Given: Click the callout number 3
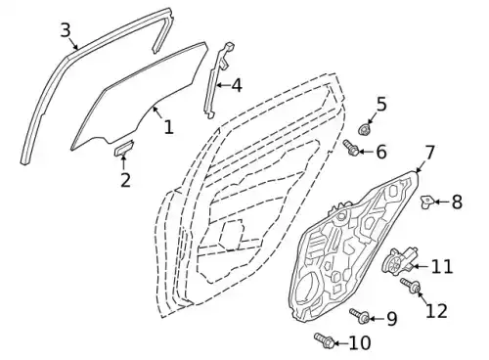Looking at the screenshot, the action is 66,30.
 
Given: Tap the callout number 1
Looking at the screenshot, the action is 168,127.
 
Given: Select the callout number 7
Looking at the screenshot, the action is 429,153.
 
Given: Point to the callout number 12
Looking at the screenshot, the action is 436,310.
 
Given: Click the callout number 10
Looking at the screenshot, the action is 360,342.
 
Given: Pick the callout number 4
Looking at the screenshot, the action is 237,85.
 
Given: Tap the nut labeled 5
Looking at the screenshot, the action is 364,129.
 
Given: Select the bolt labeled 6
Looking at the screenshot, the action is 351,148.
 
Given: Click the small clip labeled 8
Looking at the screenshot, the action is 426,202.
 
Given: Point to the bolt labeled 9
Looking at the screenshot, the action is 360,316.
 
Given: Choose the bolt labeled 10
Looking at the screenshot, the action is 324,340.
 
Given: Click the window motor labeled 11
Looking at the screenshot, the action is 399,260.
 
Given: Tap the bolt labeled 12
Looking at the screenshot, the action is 411,286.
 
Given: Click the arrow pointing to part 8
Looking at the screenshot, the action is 441,202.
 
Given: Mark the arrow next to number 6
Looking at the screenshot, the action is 367,152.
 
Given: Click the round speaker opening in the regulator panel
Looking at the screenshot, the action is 306,287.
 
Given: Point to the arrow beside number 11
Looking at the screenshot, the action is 421,266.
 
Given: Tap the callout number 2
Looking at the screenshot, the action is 125,180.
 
